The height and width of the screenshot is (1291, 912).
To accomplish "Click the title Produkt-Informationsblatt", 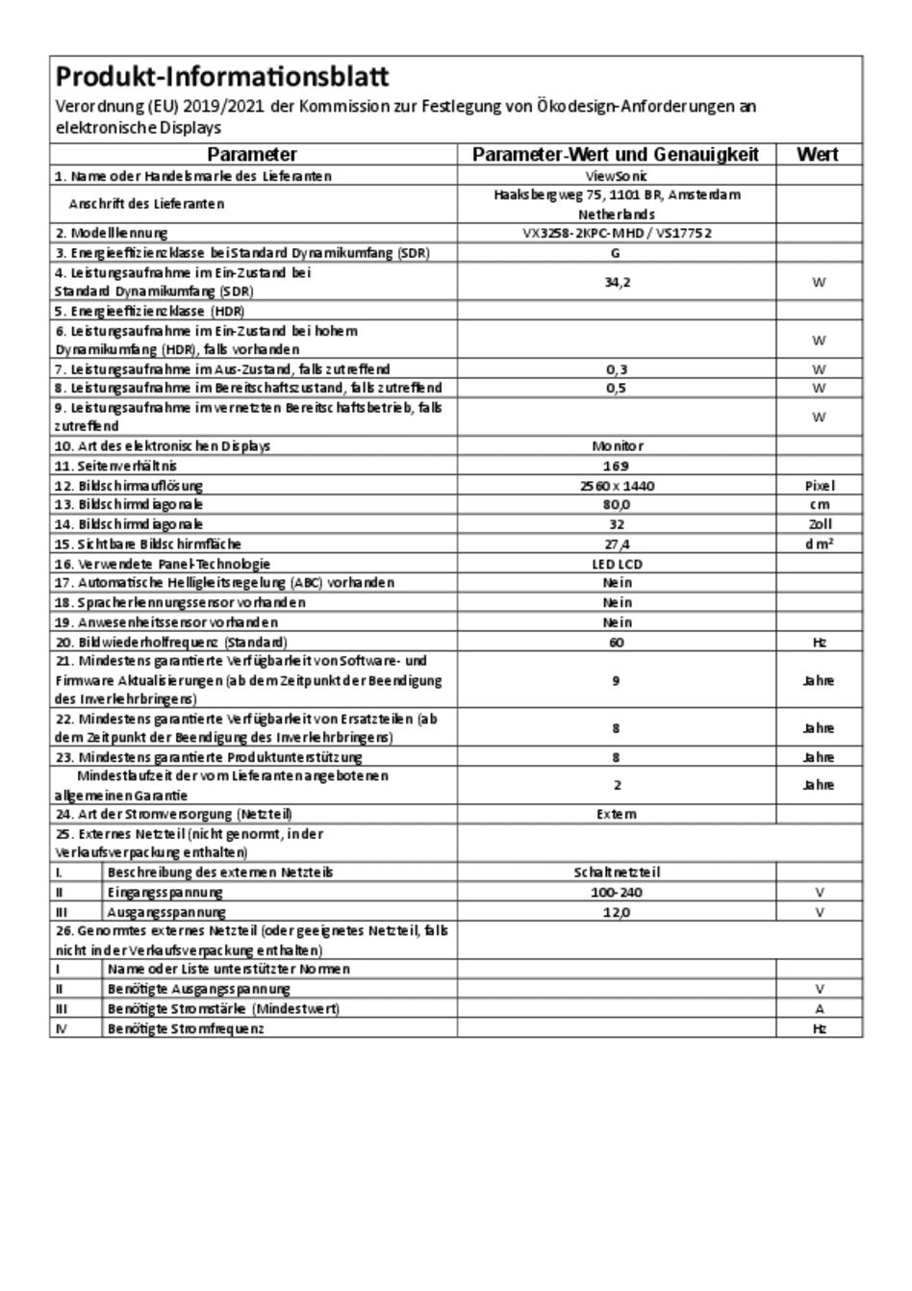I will point(222,77).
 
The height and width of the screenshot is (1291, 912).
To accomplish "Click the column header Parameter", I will point(252,155).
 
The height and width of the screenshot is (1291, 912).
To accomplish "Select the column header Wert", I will point(818,155).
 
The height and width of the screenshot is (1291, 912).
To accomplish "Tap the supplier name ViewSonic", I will point(616,176).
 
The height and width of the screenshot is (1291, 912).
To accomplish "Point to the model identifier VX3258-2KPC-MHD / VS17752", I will point(616,233).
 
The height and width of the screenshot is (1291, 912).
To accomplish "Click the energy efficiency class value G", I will point(616,253).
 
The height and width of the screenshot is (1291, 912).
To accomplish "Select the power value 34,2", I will point(617,282).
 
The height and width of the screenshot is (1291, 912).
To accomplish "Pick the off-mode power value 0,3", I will point(617,368).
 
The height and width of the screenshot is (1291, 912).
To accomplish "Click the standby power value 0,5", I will point(617,388).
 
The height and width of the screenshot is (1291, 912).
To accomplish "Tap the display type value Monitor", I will point(617,446).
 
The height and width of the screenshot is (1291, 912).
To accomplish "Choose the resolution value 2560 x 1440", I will point(617,486).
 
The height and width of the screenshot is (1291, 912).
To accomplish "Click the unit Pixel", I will point(819,486).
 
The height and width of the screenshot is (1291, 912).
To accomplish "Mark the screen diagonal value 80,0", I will point(617,504).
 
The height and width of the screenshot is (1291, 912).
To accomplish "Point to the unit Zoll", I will point(819,524).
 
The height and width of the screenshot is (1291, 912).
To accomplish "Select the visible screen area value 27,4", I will point(617,544).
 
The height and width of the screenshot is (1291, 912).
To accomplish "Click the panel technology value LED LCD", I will point(617,564).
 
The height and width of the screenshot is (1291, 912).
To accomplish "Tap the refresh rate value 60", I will point(617,642).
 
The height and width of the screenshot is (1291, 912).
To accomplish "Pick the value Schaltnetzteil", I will point(617,873).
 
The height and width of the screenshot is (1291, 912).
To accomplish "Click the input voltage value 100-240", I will point(617,893).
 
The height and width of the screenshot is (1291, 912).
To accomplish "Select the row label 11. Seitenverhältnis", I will point(115,466).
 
